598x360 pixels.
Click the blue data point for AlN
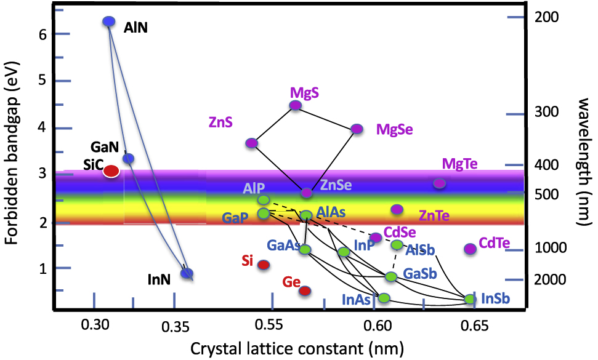109,22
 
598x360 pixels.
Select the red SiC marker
111,171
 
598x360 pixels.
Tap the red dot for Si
263,265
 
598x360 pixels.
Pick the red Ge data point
304,290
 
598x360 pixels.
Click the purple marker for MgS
296,105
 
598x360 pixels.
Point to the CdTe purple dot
470,249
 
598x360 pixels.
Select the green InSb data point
470,299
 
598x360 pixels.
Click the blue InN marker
187,273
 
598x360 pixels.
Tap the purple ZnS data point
251,143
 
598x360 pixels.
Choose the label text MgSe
395,129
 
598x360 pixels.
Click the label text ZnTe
434,215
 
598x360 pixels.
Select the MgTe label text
459,164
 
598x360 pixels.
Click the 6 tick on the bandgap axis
43,35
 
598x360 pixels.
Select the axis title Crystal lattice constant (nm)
297,349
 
